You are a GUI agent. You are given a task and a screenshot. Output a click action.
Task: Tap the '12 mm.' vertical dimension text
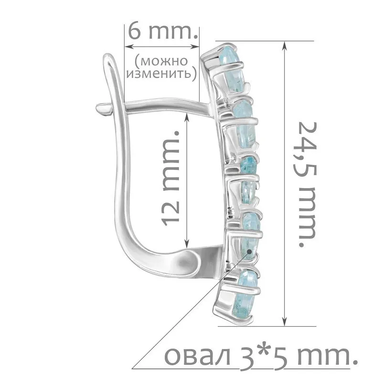[x=170, y=178]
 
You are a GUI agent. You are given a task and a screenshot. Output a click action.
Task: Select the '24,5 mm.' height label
[x=308, y=184]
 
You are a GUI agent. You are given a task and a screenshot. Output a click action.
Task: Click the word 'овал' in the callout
[x=198, y=357]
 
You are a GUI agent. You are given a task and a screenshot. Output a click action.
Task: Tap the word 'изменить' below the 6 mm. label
[x=159, y=73]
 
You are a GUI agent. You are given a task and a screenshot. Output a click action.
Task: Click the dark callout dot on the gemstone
[x=249, y=251]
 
